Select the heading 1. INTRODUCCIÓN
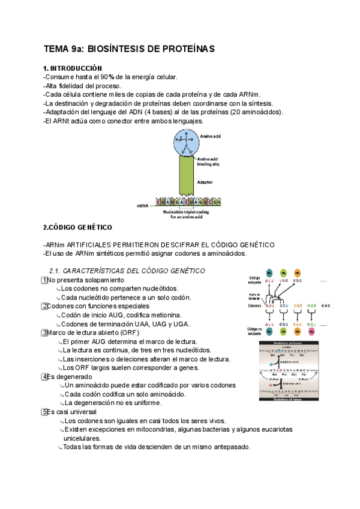[73, 68]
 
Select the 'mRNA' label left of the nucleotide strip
[142, 205]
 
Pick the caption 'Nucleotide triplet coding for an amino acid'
[185, 214]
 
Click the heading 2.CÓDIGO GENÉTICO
[77, 227]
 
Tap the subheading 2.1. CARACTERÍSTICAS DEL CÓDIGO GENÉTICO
[127, 271]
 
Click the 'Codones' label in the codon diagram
[254, 306]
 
